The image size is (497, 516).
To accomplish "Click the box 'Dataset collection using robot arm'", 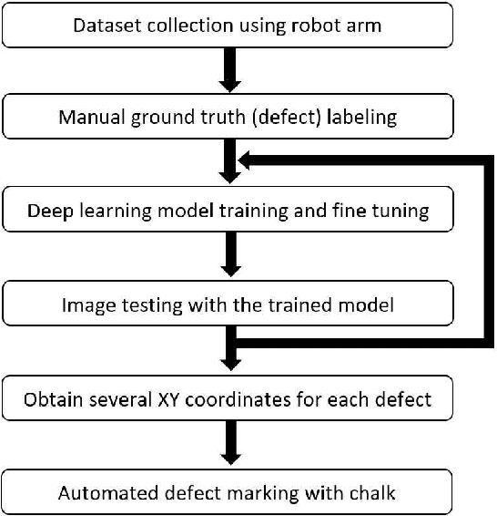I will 228,26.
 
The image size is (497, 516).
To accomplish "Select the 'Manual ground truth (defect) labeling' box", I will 228,118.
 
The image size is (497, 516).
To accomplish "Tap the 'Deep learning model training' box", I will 228,211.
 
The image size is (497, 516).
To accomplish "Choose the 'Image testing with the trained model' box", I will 228,304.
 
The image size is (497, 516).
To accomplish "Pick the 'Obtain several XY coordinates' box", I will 228,398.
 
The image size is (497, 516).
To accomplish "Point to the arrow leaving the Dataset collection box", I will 230,71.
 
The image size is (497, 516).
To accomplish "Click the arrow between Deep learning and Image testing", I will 230,257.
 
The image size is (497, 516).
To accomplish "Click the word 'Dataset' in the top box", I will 103,26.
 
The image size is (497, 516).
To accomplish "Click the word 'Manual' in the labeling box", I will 87,118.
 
